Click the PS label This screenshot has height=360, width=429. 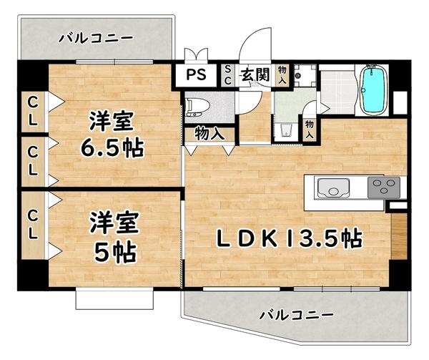pos(195,74)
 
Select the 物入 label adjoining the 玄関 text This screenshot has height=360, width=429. pos(282,74)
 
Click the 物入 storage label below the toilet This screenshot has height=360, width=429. pos(208,133)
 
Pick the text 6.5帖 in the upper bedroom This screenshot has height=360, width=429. pos(112,148)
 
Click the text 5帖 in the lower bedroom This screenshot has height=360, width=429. pos(113,251)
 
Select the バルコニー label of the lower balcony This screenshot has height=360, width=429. pos(296,314)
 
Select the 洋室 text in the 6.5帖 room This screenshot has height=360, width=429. pos(113,119)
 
